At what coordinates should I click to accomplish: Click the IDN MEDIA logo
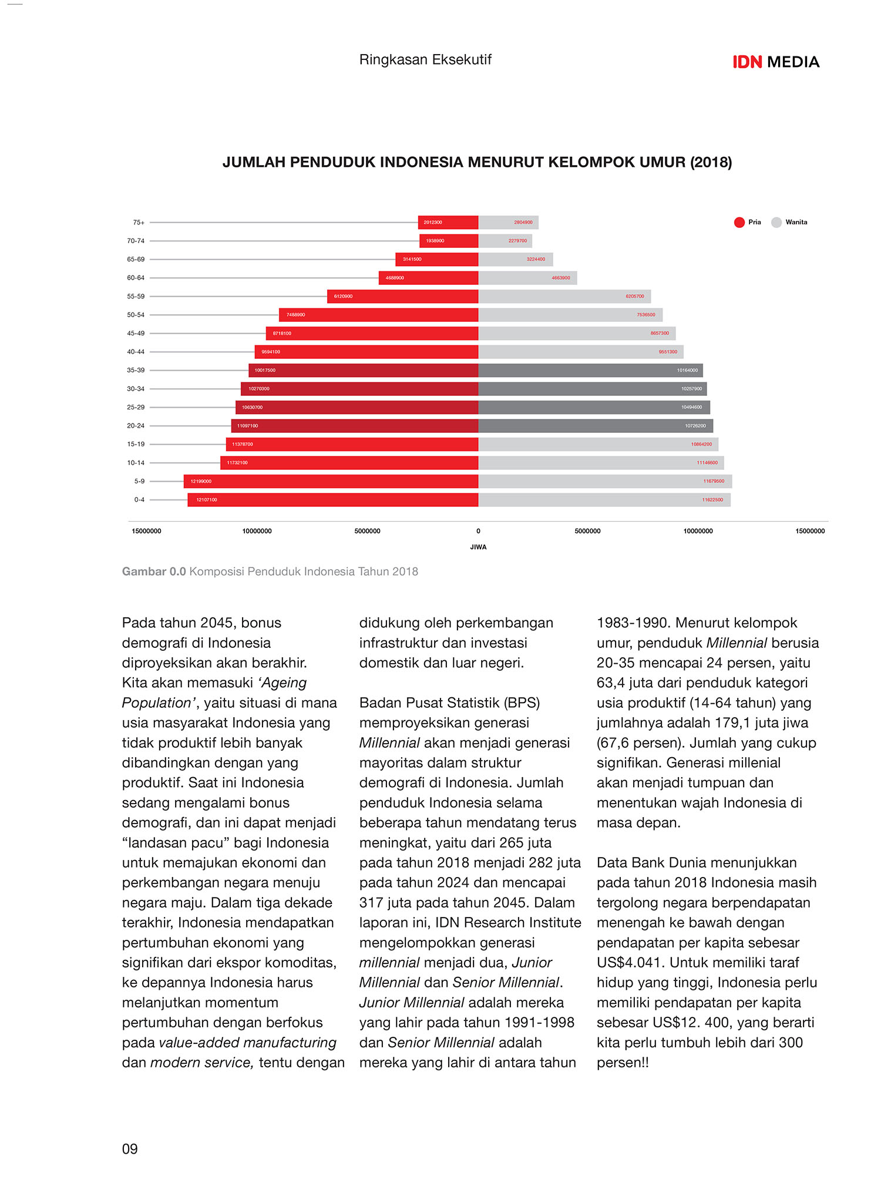coord(776,62)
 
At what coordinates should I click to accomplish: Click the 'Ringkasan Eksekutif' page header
coord(425,59)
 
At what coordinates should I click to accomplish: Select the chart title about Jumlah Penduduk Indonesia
coord(477,162)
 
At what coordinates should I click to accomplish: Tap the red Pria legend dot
coord(739,222)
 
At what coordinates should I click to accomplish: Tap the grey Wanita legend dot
coord(776,222)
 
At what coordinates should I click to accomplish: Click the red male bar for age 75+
coord(448,222)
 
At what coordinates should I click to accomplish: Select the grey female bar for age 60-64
coord(528,278)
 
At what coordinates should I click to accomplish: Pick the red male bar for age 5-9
coord(331,481)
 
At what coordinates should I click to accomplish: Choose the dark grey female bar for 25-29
coord(594,407)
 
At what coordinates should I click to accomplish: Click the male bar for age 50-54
coord(379,315)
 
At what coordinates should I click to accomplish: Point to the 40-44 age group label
coord(136,352)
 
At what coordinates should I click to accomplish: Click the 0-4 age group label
coord(139,500)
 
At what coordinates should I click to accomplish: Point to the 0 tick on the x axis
coord(478,531)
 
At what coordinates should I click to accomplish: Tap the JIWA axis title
coord(478,547)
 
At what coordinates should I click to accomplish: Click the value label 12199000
coord(201,481)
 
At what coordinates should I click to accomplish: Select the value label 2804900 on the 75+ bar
coord(523,222)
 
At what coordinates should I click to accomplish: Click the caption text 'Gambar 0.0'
coord(154,572)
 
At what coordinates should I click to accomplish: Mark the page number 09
coord(130,1149)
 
